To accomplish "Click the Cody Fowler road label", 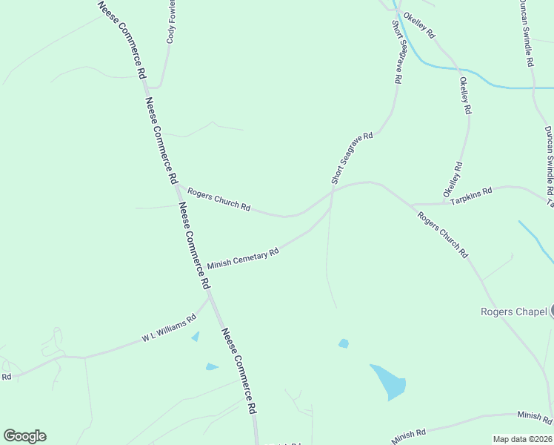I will pos(171,24).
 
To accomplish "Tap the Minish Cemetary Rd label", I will pos(243,259).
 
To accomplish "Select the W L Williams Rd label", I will pos(169,328).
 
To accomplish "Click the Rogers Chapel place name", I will pos(513,311).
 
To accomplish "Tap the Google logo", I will pos(24,436).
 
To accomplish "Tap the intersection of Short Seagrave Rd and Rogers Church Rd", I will pos(332,190).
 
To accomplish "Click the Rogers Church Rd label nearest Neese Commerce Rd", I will pos(218,199).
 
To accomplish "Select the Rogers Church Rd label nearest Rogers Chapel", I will pos(443,235).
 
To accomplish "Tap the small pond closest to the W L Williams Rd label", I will pos(195,337).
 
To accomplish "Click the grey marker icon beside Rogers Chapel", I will pos(552,311).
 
